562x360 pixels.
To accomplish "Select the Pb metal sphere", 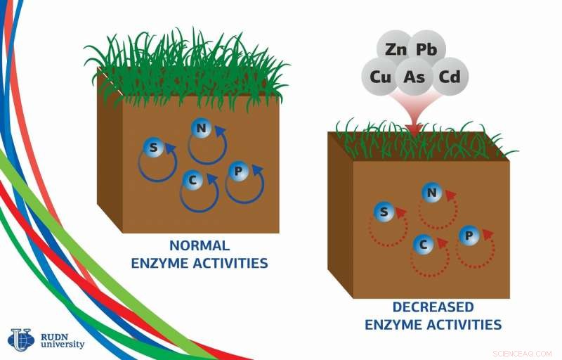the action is [x=427, y=49].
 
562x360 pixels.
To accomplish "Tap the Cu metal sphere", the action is [x=380, y=77].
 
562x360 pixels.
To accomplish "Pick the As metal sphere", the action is [x=414, y=77].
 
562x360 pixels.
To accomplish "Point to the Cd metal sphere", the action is [x=450, y=77].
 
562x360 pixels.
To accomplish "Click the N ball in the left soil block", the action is [x=202, y=128].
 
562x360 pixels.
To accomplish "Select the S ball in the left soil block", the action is [x=153, y=148].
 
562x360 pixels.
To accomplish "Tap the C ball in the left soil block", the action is [x=192, y=180].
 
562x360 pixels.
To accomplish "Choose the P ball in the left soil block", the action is [x=238, y=172].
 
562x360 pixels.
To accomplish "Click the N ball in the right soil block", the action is [x=432, y=193].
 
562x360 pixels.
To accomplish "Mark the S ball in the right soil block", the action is [x=384, y=212].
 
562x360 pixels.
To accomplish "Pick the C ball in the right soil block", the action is [x=424, y=245].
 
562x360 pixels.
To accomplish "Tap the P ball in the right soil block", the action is [x=469, y=236].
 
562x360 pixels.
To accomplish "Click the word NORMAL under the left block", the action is [x=200, y=245].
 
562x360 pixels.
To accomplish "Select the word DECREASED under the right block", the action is [x=433, y=307].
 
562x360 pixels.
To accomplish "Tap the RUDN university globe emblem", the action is [x=21, y=339].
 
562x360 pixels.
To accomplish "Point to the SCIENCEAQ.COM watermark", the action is [x=522, y=354].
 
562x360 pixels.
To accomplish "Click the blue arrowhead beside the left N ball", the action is [x=220, y=131].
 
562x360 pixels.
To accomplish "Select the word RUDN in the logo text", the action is [x=54, y=337].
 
